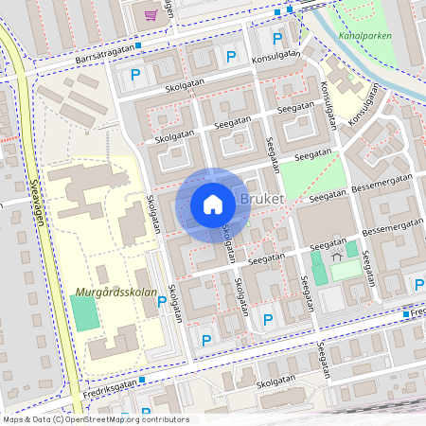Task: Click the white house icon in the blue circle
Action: click(x=213, y=204)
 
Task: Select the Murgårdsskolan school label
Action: click(x=117, y=294)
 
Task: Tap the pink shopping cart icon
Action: click(x=151, y=14)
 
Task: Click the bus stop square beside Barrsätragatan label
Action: click(x=139, y=44)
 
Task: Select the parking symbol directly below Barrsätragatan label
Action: click(x=135, y=74)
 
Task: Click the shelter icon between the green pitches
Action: click(x=336, y=257)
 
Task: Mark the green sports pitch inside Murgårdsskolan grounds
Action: click(x=86, y=313)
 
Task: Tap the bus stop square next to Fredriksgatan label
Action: click(x=142, y=379)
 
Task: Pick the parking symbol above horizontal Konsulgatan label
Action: click(x=277, y=39)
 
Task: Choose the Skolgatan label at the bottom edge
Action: click(x=282, y=385)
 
